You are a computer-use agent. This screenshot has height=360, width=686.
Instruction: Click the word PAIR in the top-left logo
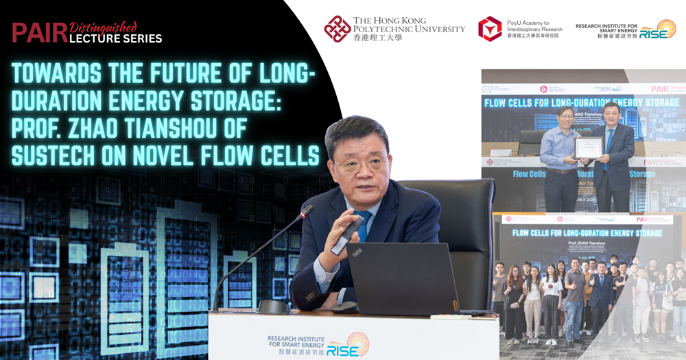(39, 32)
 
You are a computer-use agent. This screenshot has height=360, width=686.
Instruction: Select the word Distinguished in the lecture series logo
(104, 25)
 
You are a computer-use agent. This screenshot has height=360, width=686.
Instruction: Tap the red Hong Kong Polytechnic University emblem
(338, 29)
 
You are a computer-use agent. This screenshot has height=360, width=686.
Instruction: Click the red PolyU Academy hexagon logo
(490, 29)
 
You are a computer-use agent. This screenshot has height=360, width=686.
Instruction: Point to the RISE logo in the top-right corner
(657, 29)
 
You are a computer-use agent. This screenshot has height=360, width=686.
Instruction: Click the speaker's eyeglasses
(360, 164)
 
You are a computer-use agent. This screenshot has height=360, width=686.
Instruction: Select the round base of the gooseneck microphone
(274, 307)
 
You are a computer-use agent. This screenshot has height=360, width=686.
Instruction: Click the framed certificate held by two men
(589, 147)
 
